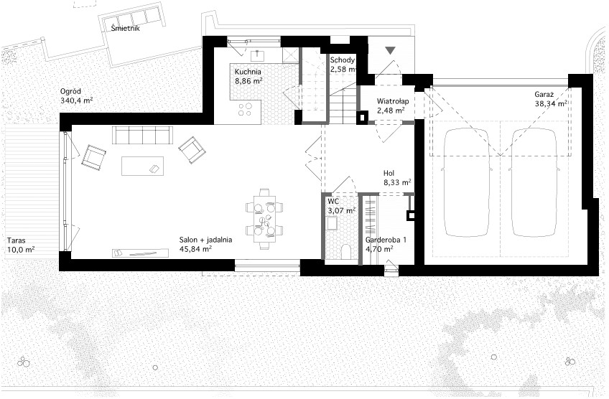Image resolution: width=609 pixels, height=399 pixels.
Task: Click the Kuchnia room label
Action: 248,72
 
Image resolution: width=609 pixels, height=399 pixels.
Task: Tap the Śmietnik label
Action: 125,28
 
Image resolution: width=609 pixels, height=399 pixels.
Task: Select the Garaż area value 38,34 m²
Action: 550,103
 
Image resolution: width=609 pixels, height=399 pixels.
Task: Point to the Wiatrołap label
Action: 393,101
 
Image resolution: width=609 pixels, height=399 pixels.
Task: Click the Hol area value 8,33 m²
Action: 397,182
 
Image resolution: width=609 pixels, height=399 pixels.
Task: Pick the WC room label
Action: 333,202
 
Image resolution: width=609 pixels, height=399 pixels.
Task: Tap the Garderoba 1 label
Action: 386,240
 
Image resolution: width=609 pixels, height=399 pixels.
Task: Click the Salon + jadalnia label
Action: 206,240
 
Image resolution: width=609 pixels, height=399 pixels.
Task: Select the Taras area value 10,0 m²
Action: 21,249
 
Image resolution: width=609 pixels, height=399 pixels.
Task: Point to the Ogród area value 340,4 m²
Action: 77,100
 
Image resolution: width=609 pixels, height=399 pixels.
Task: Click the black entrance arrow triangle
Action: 391,50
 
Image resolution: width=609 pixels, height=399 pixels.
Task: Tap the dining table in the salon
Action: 264,220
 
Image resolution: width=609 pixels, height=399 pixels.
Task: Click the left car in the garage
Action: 467,182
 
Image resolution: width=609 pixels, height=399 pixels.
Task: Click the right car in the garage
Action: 534,182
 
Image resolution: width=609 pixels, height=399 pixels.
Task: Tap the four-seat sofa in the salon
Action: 142,135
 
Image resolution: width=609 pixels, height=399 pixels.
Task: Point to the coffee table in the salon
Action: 142,166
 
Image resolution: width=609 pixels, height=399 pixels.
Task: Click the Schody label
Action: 342,60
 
